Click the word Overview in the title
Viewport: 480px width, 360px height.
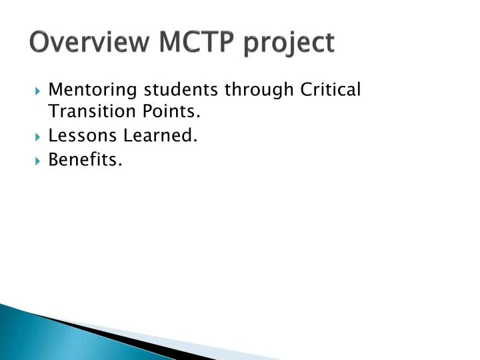[89, 42]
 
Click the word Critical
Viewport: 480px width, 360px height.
[329, 89]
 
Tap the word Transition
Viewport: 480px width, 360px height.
[87, 113]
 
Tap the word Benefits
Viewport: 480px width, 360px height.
[85, 160]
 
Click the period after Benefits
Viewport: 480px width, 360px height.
[121, 165]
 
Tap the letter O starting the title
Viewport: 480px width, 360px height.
[39, 42]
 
